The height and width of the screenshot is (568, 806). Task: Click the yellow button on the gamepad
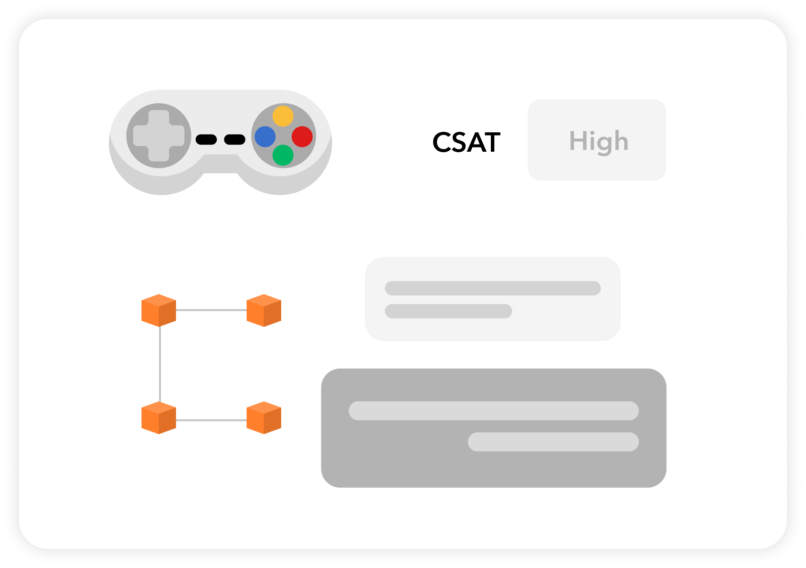[x=283, y=116]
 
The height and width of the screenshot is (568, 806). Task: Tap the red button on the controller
[x=302, y=137]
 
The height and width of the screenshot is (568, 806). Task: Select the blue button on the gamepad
[x=265, y=137]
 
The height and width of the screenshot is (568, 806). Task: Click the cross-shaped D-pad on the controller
[x=159, y=136]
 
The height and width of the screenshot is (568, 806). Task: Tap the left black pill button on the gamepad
[x=206, y=139]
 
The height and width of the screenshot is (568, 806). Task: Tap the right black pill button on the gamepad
[x=234, y=139]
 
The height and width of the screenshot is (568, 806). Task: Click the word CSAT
[x=466, y=142]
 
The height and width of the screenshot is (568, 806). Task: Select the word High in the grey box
[x=599, y=141]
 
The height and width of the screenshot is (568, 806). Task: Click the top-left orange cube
[x=159, y=310]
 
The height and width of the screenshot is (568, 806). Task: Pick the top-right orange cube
[x=264, y=310]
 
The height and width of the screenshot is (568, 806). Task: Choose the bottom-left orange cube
[x=159, y=418]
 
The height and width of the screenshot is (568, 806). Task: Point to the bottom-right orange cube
[x=264, y=418]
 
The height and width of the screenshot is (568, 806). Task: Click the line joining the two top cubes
[x=211, y=310]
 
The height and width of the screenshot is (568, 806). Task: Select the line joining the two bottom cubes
[x=211, y=420]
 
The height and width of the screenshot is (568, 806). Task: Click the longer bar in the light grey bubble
[x=492, y=288]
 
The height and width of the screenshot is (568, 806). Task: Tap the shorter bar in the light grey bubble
[x=448, y=311]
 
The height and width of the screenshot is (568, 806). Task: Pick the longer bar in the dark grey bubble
[x=493, y=410]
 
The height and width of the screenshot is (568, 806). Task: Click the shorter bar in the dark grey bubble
[x=553, y=442]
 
